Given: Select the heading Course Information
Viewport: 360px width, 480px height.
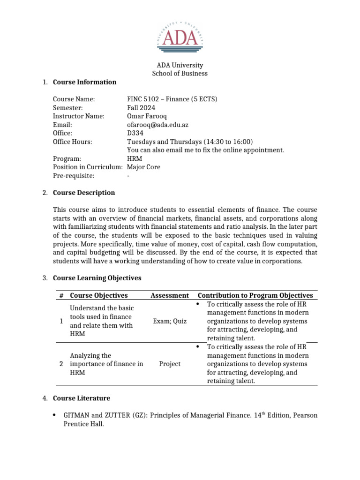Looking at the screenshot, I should point(84,82).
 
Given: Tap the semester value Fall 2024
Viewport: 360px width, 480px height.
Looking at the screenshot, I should point(141,108).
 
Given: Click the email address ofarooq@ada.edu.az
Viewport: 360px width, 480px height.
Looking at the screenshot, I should point(157,125).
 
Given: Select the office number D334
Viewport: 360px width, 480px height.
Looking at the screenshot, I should point(135,133).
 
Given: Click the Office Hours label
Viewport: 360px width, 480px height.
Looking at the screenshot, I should point(72,142).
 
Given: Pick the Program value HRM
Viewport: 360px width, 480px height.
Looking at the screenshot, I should point(135,158).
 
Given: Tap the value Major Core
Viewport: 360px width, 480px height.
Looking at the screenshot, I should point(143,167).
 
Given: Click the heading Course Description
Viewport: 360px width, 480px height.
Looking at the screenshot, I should point(83,193).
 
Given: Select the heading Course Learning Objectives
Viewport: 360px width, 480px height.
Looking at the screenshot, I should point(97,278).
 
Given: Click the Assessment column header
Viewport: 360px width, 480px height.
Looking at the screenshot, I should point(170,295).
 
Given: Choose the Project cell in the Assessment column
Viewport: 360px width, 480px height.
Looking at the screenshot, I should point(170,364).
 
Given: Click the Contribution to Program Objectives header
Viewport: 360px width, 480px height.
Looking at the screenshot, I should point(255,295).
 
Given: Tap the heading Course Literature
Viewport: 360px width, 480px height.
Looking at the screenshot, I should point(81,398).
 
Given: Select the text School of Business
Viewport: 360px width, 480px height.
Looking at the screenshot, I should point(180,74).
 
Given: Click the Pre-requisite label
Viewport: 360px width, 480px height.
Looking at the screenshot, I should point(74,175).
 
